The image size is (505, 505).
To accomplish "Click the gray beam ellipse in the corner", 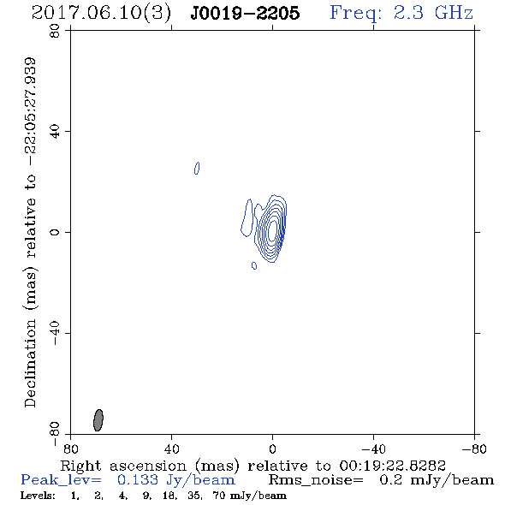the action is [98, 420].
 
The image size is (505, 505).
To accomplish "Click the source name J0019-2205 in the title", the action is [245, 13].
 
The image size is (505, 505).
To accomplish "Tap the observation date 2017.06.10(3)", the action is [101, 14].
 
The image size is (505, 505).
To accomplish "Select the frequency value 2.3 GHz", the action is [433, 13].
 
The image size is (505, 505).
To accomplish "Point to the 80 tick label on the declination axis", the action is [55, 31].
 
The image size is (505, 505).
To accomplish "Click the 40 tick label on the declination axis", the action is [55, 132].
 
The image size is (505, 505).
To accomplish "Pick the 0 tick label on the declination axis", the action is [55, 232].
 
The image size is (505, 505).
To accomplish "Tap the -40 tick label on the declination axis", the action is [55, 333].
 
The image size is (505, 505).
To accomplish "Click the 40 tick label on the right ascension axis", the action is [171, 449].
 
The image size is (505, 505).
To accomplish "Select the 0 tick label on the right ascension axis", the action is [272, 449].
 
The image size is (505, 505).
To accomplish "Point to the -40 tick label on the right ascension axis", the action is [373, 449].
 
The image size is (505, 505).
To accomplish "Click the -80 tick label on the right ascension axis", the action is [474, 449].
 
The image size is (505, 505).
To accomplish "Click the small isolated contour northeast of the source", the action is [197, 168].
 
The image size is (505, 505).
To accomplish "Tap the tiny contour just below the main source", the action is [254, 265].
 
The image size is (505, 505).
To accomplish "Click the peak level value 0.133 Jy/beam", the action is [175, 480].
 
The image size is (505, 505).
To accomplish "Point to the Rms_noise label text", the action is [316, 480].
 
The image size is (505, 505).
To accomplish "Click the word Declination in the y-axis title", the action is [30, 363].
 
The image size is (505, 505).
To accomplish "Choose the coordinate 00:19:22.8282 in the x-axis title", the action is [392, 466].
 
